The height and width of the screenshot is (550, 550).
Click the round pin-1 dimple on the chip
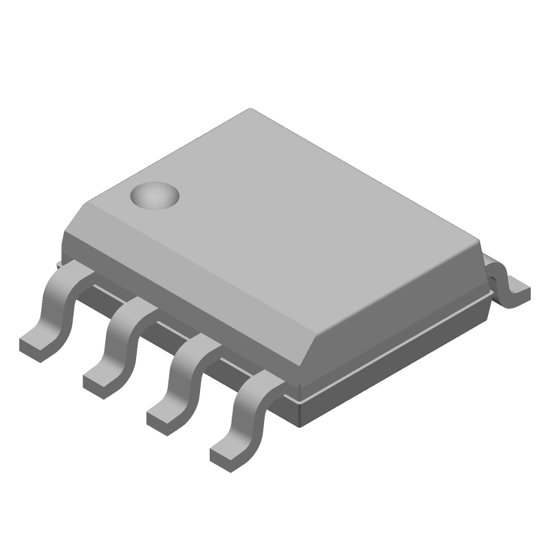155,196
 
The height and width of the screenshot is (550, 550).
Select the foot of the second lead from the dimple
101,377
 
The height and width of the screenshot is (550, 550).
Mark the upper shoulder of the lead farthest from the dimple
258,382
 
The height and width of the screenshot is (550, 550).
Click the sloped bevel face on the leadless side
406,323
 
